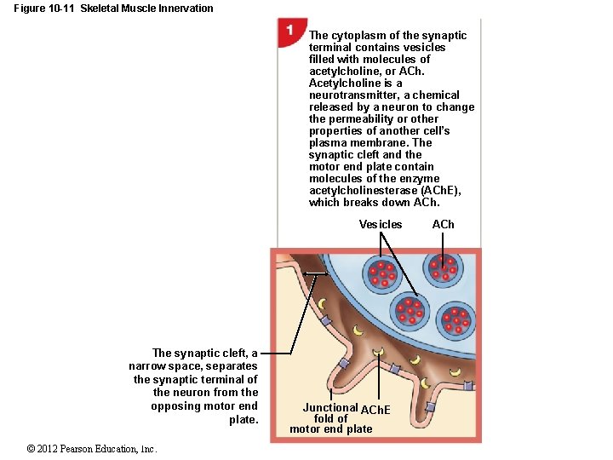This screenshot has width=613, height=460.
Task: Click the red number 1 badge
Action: (290, 31)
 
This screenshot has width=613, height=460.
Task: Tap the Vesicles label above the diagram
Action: (381, 225)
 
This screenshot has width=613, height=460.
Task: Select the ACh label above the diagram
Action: (444, 225)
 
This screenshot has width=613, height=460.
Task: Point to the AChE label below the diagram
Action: (375, 411)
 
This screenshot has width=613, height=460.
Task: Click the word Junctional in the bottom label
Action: (330, 408)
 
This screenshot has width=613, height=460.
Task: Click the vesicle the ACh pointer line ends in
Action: (443, 271)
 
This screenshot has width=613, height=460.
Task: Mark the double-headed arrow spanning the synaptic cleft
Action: (316, 273)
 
